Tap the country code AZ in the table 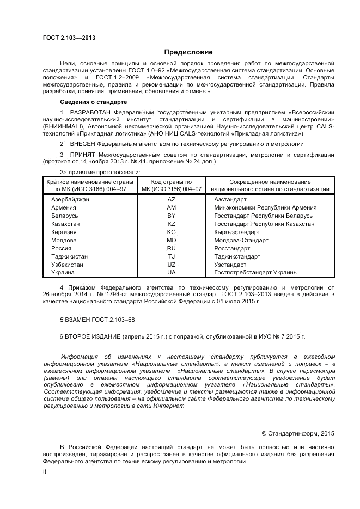coord(172,200)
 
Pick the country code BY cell coord(172,216)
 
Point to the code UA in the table coord(172,272)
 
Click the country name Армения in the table coord(63,208)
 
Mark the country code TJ coord(172,256)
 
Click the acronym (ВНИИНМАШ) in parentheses coord(64,126)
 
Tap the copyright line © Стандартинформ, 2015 coord(297,433)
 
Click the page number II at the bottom coord(45,473)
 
